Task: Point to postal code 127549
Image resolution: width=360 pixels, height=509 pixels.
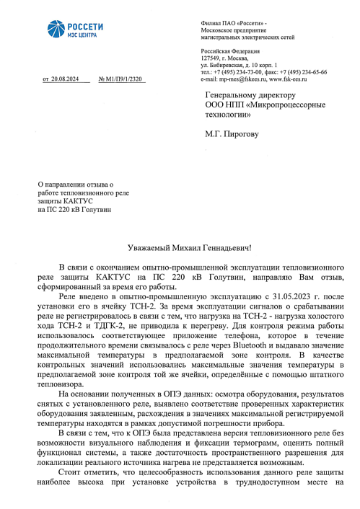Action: tap(211, 58)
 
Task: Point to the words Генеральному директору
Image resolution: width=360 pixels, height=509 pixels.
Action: tap(251, 94)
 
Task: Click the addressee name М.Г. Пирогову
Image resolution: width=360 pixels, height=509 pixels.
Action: tap(231, 133)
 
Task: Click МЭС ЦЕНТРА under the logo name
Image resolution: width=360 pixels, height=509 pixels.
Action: tap(82, 35)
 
